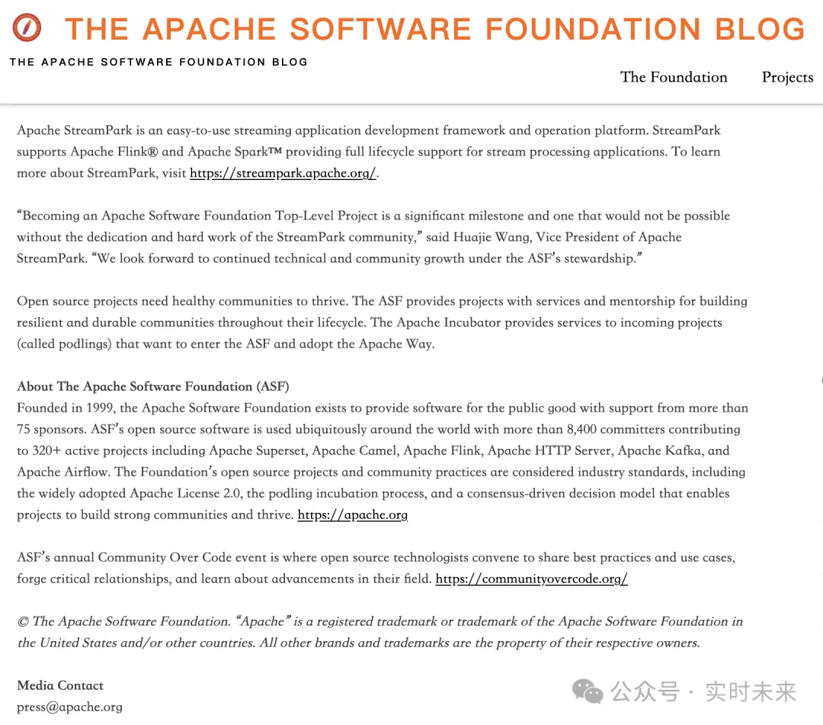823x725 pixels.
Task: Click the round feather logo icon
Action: (x=27, y=29)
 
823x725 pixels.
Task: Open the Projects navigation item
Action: (x=787, y=77)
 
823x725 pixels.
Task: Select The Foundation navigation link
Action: (x=674, y=77)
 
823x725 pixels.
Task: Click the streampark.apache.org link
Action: (x=283, y=173)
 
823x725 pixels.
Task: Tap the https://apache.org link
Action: (x=352, y=515)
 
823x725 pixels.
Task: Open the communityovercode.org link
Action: (x=531, y=579)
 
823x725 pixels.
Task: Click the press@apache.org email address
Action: (x=69, y=707)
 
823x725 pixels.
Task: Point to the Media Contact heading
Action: (x=60, y=685)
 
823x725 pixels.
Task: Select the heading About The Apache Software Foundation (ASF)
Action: (x=153, y=387)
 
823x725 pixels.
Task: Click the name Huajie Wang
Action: (x=495, y=237)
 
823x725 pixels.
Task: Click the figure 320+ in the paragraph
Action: (x=48, y=451)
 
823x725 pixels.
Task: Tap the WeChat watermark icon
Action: (x=588, y=691)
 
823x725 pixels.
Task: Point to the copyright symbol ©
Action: (x=23, y=621)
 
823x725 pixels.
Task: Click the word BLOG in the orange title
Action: (x=760, y=29)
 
